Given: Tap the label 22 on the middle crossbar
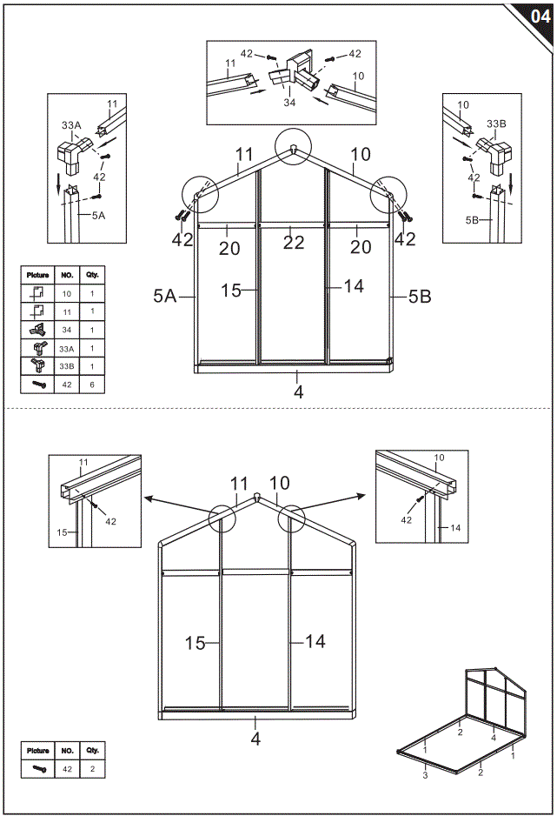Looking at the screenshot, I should (x=294, y=243).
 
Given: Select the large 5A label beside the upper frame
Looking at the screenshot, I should (x=164, y=296).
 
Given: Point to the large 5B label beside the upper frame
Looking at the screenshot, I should (x=420, y=296).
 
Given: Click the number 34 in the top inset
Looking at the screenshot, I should (x=289, y=102).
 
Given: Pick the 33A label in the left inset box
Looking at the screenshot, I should (x=70, y=125).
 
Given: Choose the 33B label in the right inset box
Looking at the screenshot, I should (x=497, y=124).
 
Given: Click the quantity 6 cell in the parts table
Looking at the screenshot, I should (x=92, y=383).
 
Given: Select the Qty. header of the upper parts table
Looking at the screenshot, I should (x=92, y=274).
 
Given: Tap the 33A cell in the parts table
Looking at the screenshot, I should (x=66, y=348).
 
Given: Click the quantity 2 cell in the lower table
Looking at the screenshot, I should (x=92, y=768).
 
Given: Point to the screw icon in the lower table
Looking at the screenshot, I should (x=38, y=768).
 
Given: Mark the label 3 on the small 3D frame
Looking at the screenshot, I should (x=425, y=774).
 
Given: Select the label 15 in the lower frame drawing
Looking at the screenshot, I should (x=196, y=643).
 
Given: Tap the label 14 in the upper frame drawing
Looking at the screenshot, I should (x=354, y=285).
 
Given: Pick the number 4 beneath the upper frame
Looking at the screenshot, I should (x=298, y=392).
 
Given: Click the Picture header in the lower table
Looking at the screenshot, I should (x=38, y=750).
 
